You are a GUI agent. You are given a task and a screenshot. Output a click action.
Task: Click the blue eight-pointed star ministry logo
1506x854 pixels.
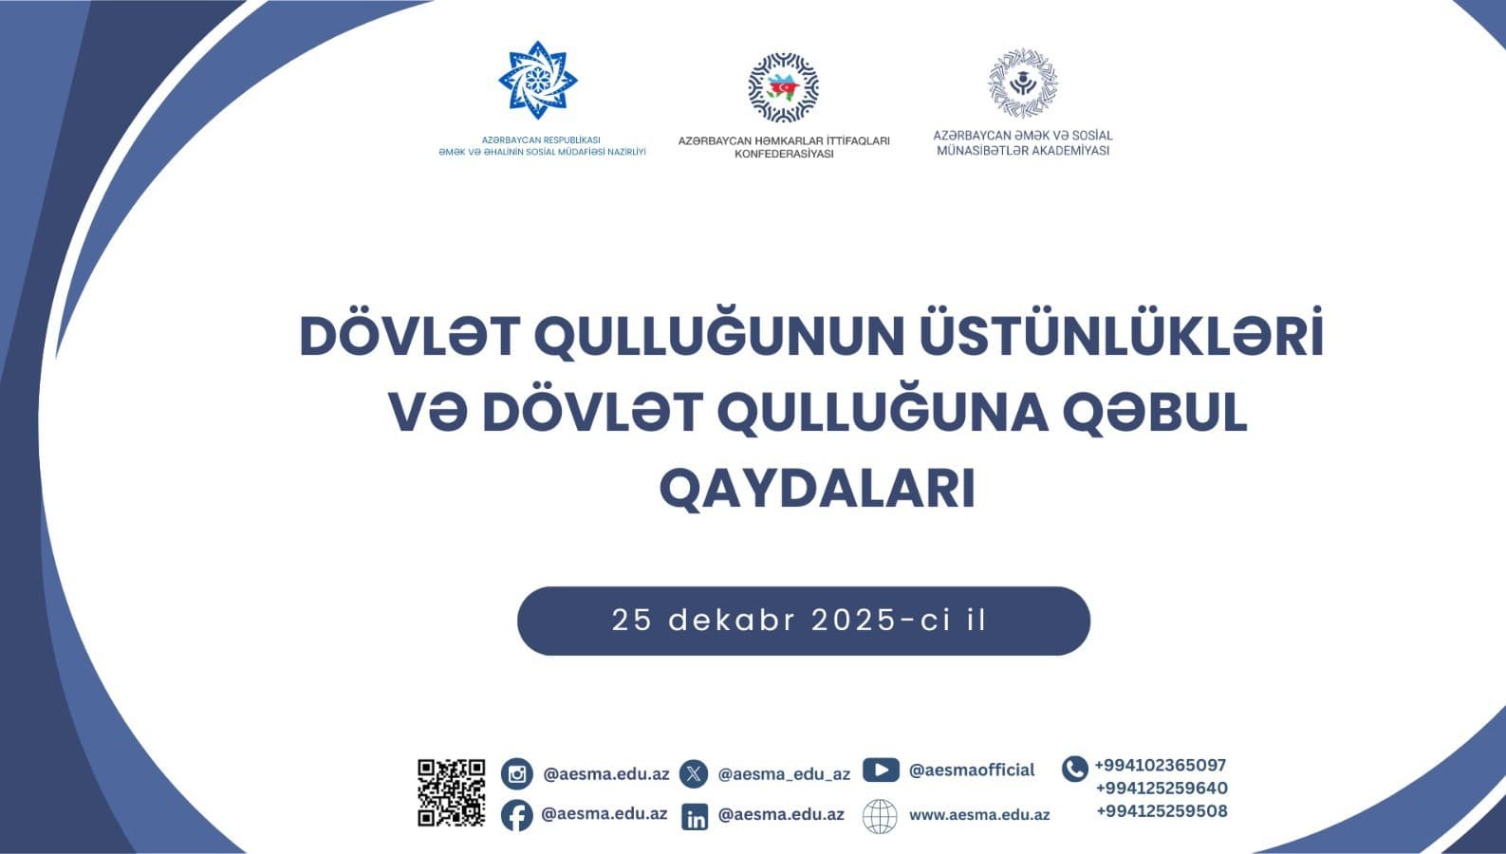coord(538,80)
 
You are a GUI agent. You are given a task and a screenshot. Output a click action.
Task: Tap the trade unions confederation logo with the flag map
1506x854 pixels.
coord(783,87)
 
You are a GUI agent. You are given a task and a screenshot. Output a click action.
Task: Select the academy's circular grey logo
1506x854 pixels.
coord(1023,83)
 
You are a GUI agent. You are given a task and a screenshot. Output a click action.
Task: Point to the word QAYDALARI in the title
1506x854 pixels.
coord(818,489)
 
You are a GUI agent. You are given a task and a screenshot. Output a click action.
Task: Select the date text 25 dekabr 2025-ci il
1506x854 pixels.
coord(799,620)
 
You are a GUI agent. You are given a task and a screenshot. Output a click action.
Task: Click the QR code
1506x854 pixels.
coord(451,793)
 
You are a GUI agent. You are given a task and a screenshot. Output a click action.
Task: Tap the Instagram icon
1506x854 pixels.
coord(517,774)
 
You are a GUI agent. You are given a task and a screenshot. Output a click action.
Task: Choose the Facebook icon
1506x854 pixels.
coord(517,815)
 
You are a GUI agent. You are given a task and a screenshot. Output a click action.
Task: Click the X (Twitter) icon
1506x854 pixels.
coord(694,774)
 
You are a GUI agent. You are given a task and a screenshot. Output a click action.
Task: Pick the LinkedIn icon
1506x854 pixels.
coord(695,816)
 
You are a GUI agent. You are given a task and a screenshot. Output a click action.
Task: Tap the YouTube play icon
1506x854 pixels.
coord(881,770)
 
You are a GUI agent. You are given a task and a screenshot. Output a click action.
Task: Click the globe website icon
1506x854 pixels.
coord(880,816)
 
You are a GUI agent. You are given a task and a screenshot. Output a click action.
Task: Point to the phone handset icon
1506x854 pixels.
coord(1074,769)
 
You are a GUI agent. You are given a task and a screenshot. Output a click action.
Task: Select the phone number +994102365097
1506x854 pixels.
coord(1161,765)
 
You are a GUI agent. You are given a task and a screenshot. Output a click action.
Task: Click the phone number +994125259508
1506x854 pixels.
coord(1162,811)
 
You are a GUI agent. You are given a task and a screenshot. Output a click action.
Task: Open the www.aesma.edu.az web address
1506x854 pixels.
coord(979,815)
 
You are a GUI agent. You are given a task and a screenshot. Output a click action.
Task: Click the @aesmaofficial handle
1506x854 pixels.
coord(972,770)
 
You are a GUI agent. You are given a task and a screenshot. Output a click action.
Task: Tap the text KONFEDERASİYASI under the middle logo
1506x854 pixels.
coord(784,154)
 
